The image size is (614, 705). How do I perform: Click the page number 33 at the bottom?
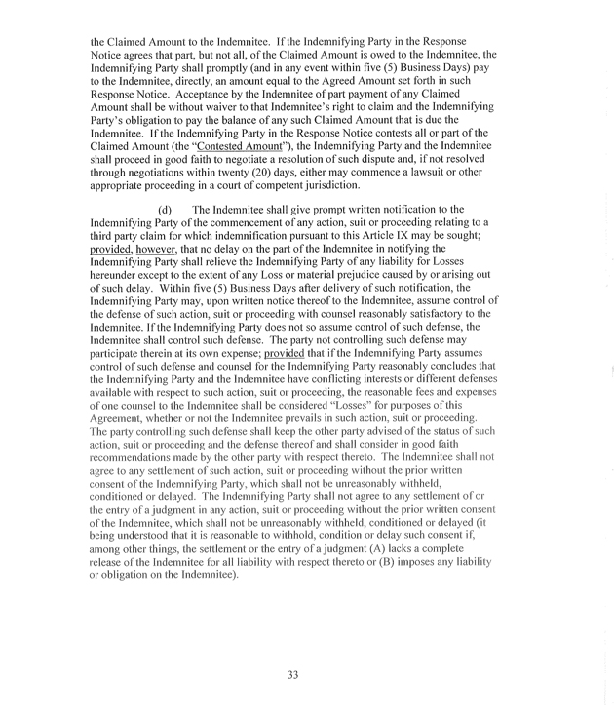[x=292, y=674]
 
